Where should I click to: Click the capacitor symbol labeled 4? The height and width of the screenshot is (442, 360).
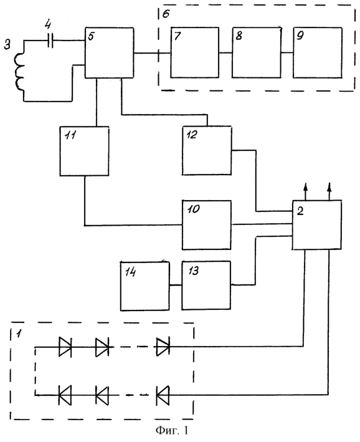[50, 41]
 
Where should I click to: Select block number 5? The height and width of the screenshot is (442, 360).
[109, 52]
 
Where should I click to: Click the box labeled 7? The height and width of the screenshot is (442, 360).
[195, 52]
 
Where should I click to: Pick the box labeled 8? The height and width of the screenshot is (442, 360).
[257, 52]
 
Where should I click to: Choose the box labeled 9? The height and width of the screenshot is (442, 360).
[318, 52]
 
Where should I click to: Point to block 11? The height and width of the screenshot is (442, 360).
[84, 151]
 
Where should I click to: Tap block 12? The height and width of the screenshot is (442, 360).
[207, 150]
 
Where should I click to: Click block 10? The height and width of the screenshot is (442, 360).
[207, 225]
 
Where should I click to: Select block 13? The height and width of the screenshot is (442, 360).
[206, 285]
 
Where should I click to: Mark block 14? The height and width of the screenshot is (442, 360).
[145, 286]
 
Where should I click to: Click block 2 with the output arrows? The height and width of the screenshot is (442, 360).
[317, 225]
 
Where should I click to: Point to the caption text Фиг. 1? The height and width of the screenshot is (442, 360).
[171, 430]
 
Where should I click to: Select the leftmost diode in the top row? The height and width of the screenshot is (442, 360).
[65, 347]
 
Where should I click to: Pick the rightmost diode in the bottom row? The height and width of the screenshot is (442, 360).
[163, 395]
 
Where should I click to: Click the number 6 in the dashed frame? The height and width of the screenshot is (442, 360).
[166, 13]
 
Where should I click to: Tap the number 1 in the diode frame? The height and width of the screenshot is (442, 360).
[19, 334]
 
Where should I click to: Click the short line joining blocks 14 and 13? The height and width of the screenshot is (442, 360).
[176, 286]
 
